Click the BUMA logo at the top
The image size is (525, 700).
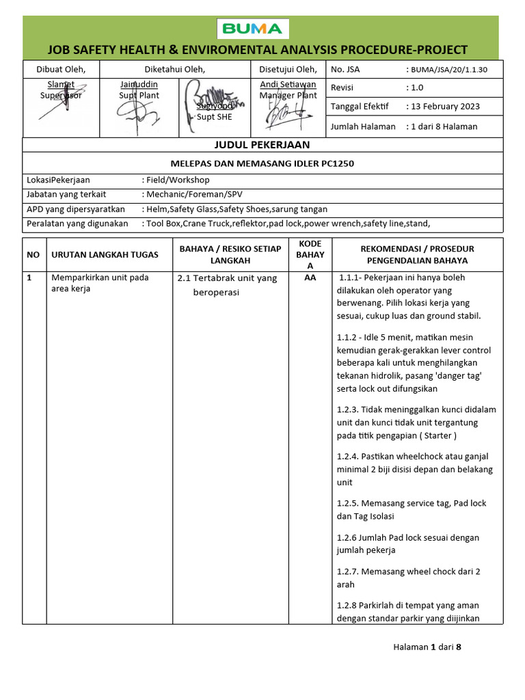point(254,29)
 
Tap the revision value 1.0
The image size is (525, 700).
point(417,87)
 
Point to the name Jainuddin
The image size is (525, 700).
point(139,84)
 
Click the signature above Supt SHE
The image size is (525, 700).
point(214,96)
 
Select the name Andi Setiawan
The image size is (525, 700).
point(288,84)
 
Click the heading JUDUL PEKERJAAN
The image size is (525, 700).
point(262,144)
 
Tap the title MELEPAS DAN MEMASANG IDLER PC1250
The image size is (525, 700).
point(262,163)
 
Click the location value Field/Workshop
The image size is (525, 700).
point(178,180)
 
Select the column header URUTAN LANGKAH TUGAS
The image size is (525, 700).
point(105,254)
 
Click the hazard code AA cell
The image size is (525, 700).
point(310,278)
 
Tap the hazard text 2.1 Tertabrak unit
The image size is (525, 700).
point(227,278)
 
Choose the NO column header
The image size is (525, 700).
point(33,254)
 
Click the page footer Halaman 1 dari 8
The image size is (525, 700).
point(427,647)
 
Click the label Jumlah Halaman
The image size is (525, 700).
point(363,126)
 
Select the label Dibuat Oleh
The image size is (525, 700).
point(61,69)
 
